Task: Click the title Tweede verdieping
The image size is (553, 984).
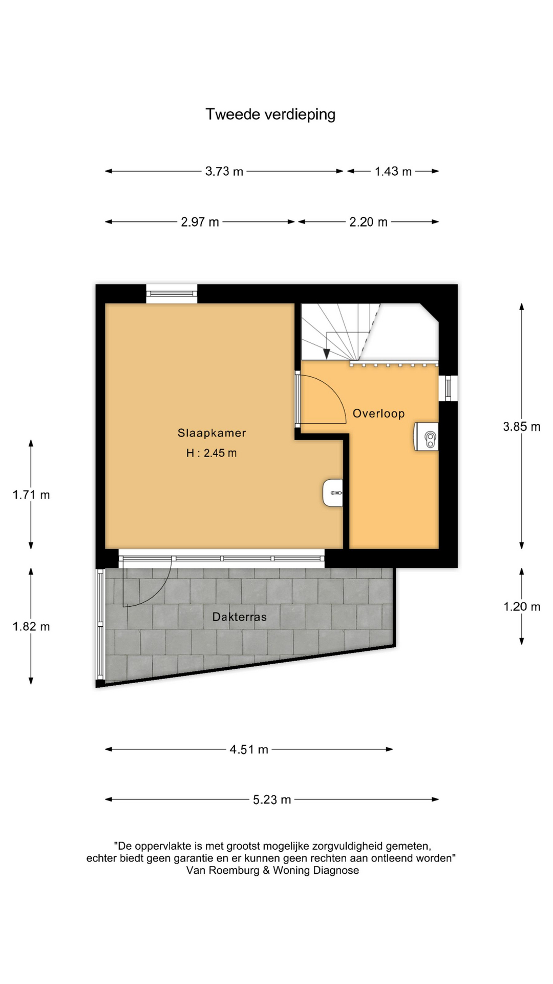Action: click(270, 114)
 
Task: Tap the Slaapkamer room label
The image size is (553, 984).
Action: click(212, 433)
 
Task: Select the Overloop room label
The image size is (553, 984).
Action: click(379, 414)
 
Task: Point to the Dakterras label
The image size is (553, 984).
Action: click(240, 617)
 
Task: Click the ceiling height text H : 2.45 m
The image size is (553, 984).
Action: click(211, 453)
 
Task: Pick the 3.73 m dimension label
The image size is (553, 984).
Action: click(224, 171)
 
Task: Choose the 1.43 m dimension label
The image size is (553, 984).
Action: click(393, 171)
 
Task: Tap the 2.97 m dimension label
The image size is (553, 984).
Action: click(200, 222)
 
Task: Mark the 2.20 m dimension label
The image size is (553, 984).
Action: click(369, 222)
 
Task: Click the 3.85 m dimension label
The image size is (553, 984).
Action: click(522, 426)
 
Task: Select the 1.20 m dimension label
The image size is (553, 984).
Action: click(522, 607)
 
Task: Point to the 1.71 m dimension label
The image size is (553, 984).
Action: click(31, 495)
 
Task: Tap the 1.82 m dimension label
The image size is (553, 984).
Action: click(31, 626)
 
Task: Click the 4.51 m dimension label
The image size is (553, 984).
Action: click(249, 749)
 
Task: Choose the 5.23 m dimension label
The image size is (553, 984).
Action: click(272, 799)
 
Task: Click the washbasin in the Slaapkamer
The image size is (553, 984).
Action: click(333, 493)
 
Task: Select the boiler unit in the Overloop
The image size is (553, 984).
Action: click(427, 437)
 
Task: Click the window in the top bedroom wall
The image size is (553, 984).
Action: click(172, 294)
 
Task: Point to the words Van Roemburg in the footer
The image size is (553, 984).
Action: click(223, 870)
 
